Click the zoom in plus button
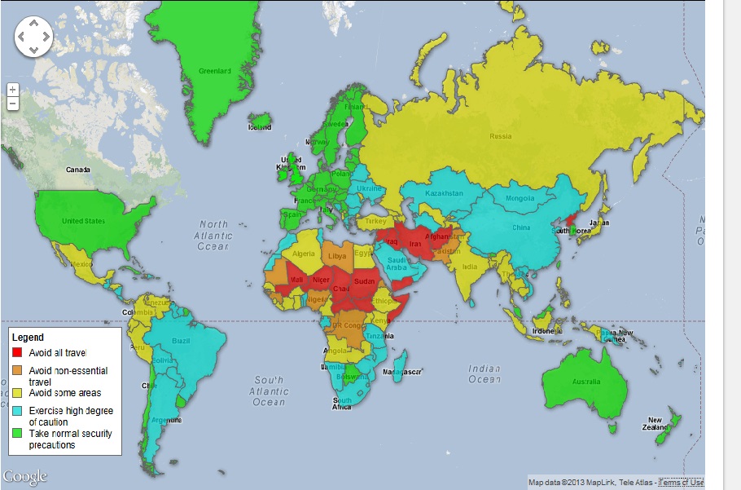tap(12, 89)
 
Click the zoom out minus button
tap(12, 104)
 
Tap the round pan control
tap(33, 37)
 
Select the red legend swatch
tap(17, 353)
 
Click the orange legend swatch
tap(17, 371)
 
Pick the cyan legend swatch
tap(17, 411)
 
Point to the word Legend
tap(28, 338)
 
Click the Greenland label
tap(215, 71)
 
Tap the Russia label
tap(501, 136)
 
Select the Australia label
tap(586, 382)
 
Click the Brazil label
tap(181, 340)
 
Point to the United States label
tap(84, 221)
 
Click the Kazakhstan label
tap(445, 193)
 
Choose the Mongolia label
tap(520, 198)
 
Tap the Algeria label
tap(303, 254)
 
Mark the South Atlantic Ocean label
tap(268, 391)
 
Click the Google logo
tap(25, 476)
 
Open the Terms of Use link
tap(680, 483)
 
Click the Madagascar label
tap(403, 372)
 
